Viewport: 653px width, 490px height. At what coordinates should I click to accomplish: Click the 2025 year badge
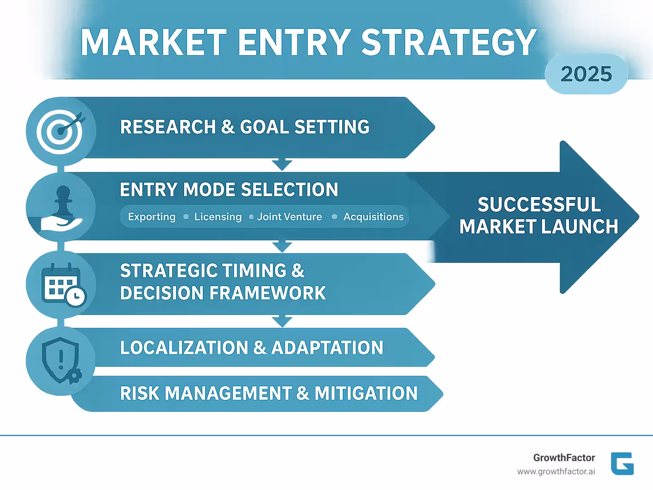pyautogui.click(x=586, y=74)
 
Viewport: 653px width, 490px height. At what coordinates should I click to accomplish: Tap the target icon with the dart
pyautogui.click(x=61, y=130)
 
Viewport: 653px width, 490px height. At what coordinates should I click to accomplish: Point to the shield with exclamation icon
pyautogui.click(x=61, y=360)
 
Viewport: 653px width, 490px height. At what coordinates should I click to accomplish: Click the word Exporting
pyautogui.click(x=152, y=217)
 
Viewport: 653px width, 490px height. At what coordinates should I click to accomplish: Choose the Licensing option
pyautogui.click(x=218, y=217)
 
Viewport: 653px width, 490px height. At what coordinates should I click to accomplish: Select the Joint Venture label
pyautogui.click(x=290, y=217)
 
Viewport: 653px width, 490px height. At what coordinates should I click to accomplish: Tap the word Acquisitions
pyautogui.click(x=373, y=217)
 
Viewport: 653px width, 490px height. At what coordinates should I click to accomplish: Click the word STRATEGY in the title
pyautogui.click(x=449, y=42)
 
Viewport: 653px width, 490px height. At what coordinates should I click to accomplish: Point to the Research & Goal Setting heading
pyautogui.click(x=245, y=127)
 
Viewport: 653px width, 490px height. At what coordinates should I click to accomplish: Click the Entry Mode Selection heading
pyautogui.click(x=229, y=190)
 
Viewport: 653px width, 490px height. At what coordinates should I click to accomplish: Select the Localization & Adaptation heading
pyautogui.click(x=251, y=348)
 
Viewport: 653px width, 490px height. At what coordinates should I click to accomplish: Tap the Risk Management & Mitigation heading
pyautogui.click(x=269, y=393)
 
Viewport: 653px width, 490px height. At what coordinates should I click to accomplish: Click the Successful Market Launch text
pyautogui.click(x=539, y=216)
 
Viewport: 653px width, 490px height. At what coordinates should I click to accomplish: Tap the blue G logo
pyautogui.click(x=622, y=464)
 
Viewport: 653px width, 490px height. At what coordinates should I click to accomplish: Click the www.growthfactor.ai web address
pyautogui.click(x=556, y=472)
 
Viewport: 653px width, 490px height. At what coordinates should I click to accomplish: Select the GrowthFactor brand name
pyautogui.click(x=564, y=458)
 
